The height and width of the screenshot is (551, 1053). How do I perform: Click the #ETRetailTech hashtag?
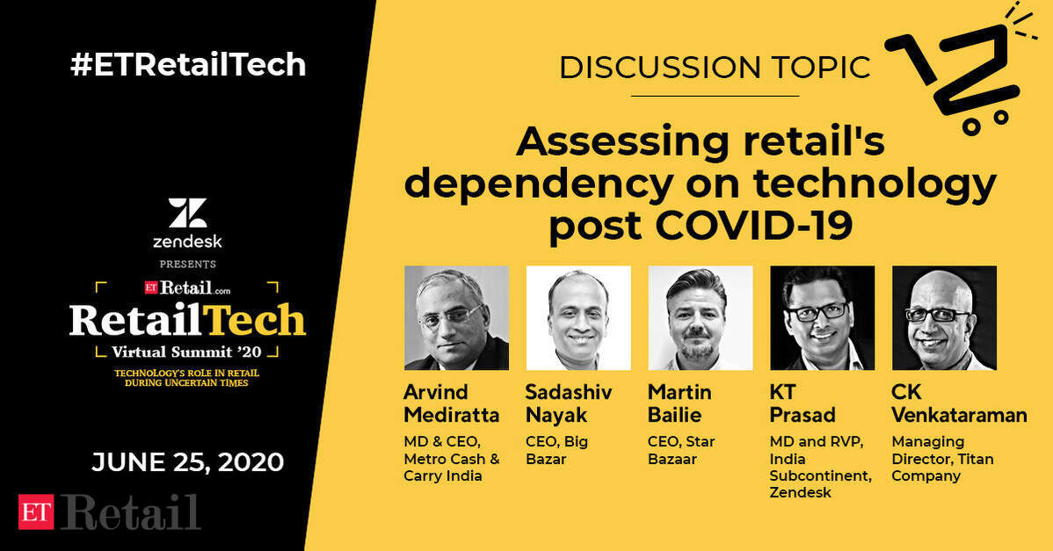point(188,65)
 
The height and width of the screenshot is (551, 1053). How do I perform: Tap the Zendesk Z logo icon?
point(187,213)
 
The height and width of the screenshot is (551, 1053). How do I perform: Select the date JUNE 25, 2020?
point(188,462)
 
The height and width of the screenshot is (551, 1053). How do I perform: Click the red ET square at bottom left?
point(35,511)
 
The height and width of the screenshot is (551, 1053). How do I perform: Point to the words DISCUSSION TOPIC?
point(715,67)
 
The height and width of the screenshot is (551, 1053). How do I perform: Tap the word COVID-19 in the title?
point(754,225)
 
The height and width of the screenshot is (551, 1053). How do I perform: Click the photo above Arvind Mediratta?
point(457,318)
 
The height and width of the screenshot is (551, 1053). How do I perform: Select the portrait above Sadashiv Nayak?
point(578,318)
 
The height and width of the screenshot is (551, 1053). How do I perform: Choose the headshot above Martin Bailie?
point(701,318)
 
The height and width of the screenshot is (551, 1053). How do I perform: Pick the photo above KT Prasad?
point(822,318)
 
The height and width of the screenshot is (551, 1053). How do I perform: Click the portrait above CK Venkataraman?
point(944,318)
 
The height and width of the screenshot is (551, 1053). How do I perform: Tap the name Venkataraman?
point(959,415)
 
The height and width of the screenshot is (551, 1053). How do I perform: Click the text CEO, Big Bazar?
point(556,450)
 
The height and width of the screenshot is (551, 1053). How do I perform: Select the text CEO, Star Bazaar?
point(681,450)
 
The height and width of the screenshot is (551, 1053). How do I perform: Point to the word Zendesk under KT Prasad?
point(801,493)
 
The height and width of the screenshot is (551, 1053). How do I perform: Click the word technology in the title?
point(875,184)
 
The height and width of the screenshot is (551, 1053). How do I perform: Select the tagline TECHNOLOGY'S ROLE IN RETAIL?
point(186,373)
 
